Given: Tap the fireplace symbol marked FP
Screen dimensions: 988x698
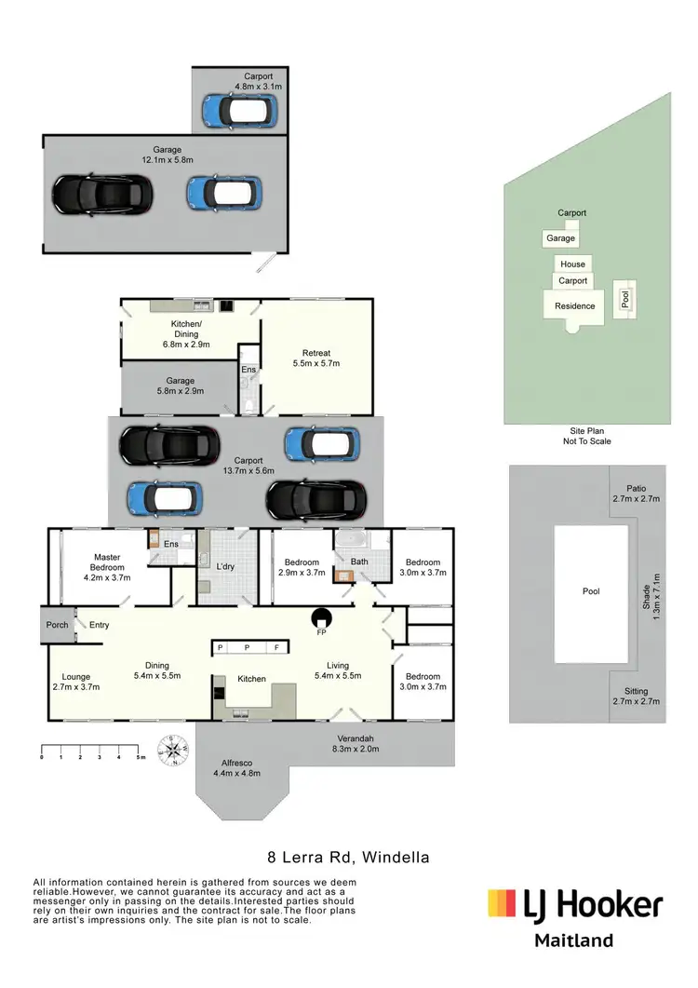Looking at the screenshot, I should (322, 618).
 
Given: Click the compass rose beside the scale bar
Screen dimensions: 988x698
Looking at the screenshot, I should (173, 750).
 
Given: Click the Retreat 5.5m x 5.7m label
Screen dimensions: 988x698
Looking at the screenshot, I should (316, 359).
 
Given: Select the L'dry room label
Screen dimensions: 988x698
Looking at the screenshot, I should (224, 567).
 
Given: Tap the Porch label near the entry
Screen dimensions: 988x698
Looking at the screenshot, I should (57, 625).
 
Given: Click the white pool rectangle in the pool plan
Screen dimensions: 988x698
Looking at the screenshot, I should (590, 593).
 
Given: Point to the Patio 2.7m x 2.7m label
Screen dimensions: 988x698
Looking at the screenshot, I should (637, 494).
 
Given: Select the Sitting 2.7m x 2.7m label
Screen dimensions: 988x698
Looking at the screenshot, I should (637, 697).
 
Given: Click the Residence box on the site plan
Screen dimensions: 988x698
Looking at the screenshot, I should (574, 305).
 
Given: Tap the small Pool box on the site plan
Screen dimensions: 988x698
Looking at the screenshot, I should (625, 298).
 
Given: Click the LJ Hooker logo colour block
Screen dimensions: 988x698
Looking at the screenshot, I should (503, 903).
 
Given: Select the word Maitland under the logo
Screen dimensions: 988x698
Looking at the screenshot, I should (573, 941).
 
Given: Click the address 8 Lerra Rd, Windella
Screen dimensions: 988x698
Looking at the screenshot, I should (348, 857).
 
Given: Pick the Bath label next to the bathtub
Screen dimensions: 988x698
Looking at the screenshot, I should (359, 562).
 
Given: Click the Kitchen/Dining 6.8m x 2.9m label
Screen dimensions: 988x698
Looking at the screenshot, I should (190, 334).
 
